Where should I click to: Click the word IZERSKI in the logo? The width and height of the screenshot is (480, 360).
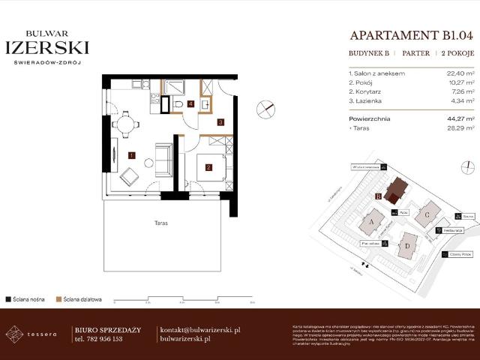[47, 47]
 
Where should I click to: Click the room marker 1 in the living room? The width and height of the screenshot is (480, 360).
[131, 155]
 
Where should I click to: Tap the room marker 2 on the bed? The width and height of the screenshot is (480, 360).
[208, 166]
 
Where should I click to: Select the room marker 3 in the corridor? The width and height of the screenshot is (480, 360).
[220, 121]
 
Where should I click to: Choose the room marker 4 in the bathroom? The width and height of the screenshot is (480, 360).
[190, 103]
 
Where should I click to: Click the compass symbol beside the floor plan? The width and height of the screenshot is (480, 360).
[264, 109]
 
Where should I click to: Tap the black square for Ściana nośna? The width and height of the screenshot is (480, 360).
[7, 298]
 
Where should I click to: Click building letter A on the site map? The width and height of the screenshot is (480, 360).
[370, 223]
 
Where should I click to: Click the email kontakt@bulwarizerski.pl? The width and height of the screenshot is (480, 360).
[200, 330]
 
